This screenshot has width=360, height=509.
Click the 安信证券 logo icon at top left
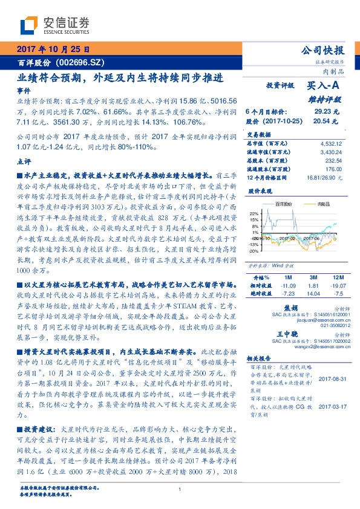coord(28,25)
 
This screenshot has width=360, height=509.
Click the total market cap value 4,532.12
coord(330,144)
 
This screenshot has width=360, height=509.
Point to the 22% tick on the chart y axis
coord(254,213)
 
